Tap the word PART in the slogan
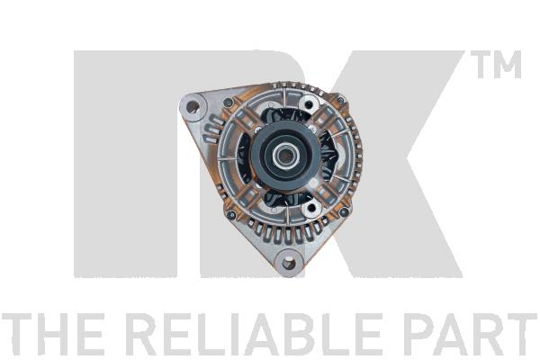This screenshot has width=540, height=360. pyautogui.click(x=473, y=335)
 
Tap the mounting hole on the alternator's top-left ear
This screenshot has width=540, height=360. pyautogui.click(x=192, y=109)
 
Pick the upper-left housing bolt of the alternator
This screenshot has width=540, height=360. pyautogui.click(x=228, y=103)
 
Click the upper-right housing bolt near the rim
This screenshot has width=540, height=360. pyautogui.click(x=340, y=100)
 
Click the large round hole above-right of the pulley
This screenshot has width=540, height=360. pyautogui.click(x=310, y=105)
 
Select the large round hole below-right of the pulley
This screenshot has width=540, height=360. pyautogui.click(x=312, y=209)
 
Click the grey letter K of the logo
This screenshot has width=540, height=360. pyautogui.click(x=405, y=162)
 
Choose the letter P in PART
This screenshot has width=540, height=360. pyautogui.click(x=422, y=335)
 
